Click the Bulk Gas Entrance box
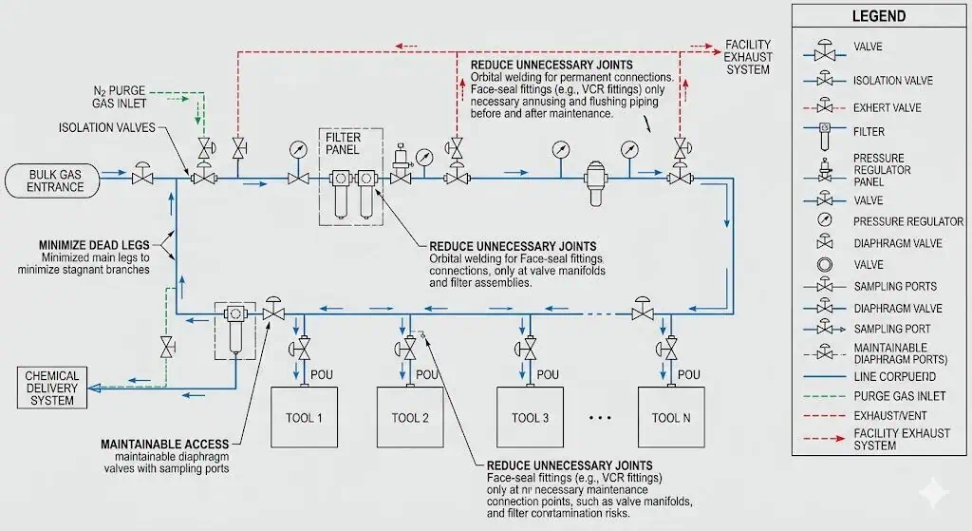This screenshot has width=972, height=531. pos(56,180)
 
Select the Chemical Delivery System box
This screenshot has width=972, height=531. pos(52,388)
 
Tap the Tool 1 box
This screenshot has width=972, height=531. pos(305,418)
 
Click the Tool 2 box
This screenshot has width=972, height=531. pos(410,418)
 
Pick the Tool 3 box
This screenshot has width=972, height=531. pos(531,418)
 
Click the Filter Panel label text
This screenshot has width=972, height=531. pos(343,144)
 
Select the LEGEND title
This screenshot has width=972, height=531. pos(878,16)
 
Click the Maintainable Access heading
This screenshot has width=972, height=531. pos(164,444)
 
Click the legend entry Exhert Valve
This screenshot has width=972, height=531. pos(888,107)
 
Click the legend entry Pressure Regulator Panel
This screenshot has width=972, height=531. pos(882,169)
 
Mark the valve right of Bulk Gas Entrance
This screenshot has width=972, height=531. pos(143,175)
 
